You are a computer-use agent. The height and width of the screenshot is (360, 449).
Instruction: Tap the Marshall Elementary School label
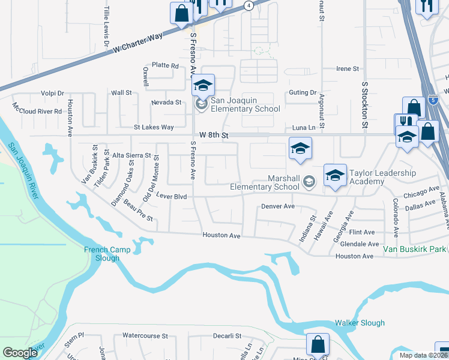click(265, 182)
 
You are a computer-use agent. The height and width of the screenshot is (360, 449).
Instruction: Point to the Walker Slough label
click(360, 323)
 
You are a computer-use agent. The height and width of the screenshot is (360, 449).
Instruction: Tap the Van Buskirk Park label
click(416, 248)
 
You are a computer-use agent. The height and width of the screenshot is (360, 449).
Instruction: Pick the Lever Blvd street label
click(172, 196)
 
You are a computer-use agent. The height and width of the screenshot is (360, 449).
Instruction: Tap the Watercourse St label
click(143, 336)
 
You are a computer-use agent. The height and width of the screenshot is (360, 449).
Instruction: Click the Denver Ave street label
click(278, 206)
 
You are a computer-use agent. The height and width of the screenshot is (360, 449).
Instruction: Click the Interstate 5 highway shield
click(433, 100)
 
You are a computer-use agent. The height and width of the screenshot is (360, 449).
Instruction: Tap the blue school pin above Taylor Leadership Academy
click(335, 175)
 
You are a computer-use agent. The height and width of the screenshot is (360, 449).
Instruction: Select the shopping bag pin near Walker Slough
click(317, 344)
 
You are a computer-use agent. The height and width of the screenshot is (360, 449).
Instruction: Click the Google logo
click(20, 353)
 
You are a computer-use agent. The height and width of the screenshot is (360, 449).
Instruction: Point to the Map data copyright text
click(424, 355)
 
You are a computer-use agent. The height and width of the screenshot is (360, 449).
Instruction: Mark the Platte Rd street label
click(165, 65)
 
